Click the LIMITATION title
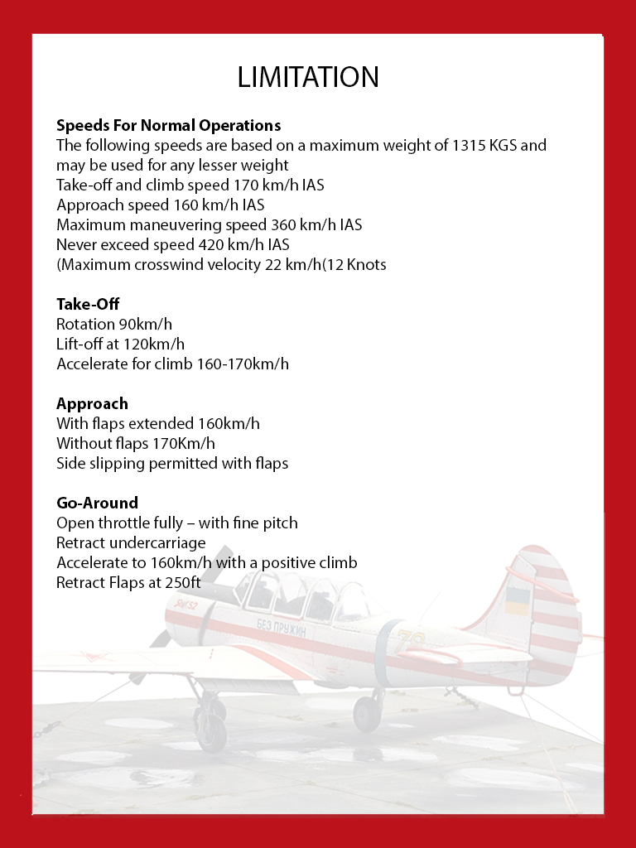pyautogui.click(x=308, y=77)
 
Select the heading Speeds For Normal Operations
pyautogui.click(x=168, y=126)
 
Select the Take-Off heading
pyautogui.click(x=88, y=305)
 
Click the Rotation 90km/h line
pyautogui.click(x=114, y=325)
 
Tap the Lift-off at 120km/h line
pyautogui.click(x=120, y=344)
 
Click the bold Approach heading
pyautogui.click(x=92, y=404)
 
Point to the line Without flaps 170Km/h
pyautogui.click(x=136, y=444)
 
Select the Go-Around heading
pyautogui.click(x=97, y=503)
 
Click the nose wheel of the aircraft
pyautogui.click(x=212, y=729)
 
